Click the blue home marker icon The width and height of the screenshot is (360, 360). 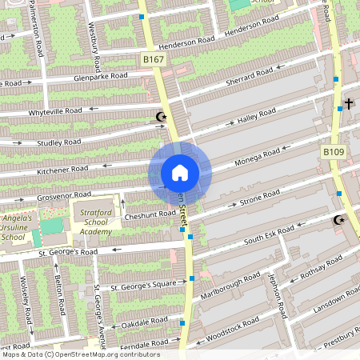coord(180,173)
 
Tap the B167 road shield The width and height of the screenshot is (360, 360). coord(153,59)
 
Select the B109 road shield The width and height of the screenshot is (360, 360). coord(334,151)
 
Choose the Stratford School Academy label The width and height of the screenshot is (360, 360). coord(95,222)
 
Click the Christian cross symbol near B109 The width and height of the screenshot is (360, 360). coord(350,104)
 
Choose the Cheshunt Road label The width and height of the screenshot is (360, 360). coord(150,214)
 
